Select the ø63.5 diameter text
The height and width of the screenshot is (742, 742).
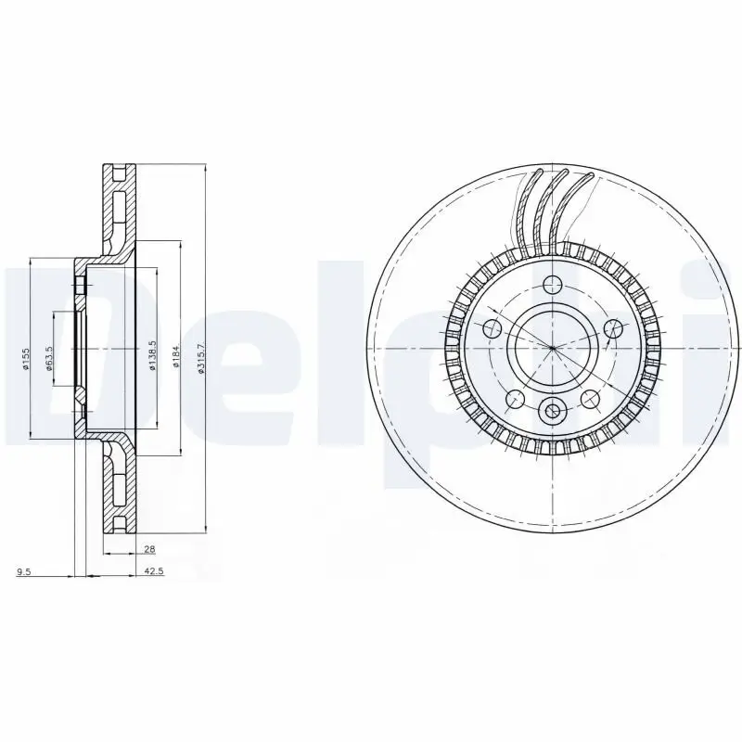(x=50, y=358)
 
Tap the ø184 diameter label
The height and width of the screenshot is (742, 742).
(x=175, y=357)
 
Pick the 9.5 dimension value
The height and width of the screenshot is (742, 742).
(x=24, y=571)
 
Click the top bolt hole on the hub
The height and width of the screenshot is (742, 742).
(x=553, y=285)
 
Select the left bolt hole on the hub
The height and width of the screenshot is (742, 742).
(x=493, y=327)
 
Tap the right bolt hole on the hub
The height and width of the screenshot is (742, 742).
(x=612, y=327)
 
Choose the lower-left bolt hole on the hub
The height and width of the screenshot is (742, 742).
(x=515, y=399)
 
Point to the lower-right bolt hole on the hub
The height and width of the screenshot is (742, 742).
(x=589, y=399)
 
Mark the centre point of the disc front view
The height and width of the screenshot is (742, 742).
(x=553, y=348)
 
